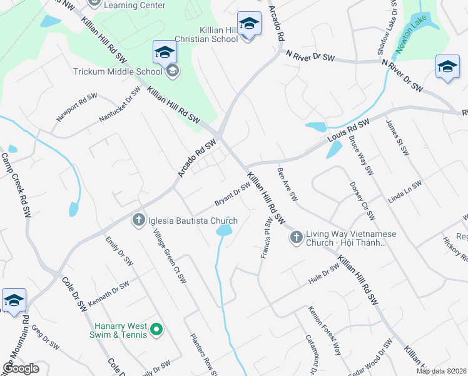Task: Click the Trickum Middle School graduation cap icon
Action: [165, 52]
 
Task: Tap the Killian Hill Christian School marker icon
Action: [249, 24]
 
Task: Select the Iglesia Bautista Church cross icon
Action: [138, 220]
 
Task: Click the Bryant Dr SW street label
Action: [232, 193]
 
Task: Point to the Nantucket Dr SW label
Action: [120, 104]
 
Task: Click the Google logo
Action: [21, 368]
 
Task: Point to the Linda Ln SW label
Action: [405, 192]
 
